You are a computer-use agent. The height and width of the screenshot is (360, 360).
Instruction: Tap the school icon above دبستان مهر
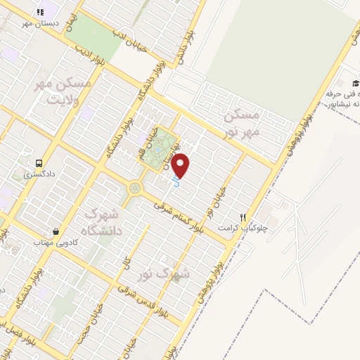click(41, 13)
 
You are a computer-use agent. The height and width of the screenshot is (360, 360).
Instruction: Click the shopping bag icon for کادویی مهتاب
click(55, 231)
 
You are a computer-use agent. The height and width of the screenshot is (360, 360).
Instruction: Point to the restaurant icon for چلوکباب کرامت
click(243, 217)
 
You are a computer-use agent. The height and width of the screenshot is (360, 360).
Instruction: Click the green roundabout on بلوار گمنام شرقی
click(134, 188)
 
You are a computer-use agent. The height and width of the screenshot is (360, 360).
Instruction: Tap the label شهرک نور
click(191, 270)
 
